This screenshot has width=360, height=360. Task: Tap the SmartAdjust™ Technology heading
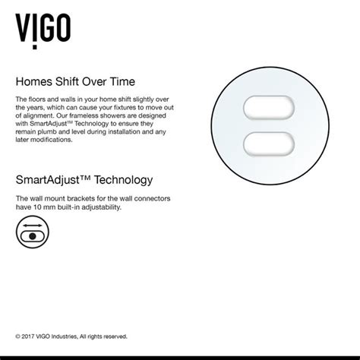[84, 180]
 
